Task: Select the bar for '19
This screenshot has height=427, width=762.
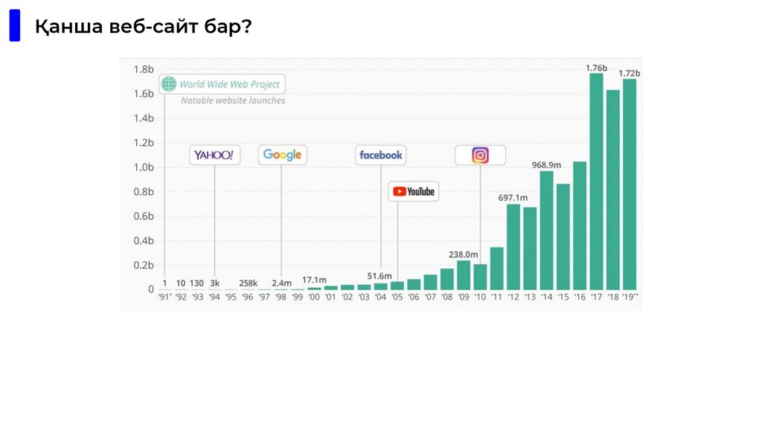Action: pyautogui.click(x=630, y=184)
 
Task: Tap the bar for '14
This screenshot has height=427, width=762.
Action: pyautogui.click(x=546, y=230)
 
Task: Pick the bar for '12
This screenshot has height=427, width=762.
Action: pyautogui.click(x=513, y=246)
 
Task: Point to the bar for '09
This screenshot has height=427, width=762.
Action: pyautogui.click(x=463, y=274)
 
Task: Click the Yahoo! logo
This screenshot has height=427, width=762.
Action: pyautogui.click(x=214, y=155)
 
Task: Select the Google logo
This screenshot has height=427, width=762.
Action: pyautogui.click(x=282, y=155)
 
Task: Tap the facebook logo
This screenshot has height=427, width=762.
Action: pyautogui.click(x=380, y=155)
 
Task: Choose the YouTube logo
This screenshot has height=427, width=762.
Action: pyautogui.click(x=414, y=191)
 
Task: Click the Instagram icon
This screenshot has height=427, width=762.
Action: pyautogui.click(x=481, y=155)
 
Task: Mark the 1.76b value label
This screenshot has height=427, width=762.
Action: pyautogui.click(x=596, y=68)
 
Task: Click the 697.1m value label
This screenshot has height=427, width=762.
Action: pyautogui.click(x=513, y=197)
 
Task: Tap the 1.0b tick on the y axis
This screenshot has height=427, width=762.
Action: pyautogui.click(x=144, y=167)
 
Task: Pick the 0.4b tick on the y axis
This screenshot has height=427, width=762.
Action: pyautogui.click(x=144, y=241)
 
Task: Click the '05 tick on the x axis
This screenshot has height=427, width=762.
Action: pyautogui.click(x=397, y=298)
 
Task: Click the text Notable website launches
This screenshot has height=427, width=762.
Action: pyautogui.click(x=233, y=100)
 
